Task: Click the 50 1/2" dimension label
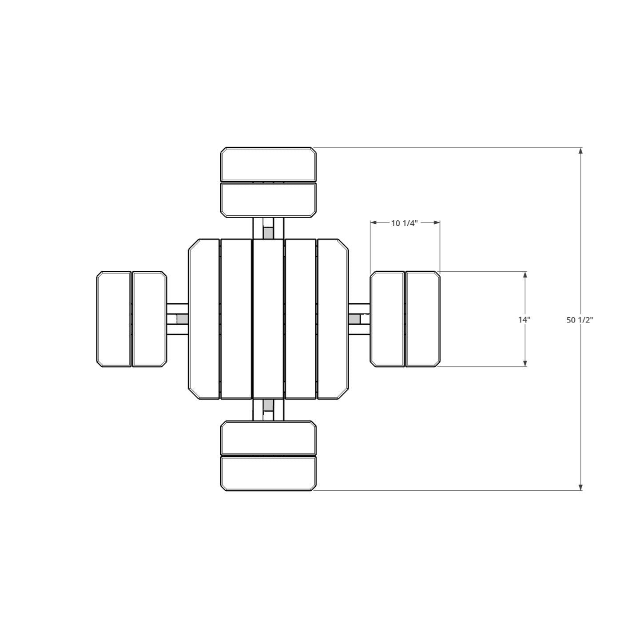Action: (580, 320)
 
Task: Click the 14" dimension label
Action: (524, 319)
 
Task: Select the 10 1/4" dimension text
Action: (405, 223)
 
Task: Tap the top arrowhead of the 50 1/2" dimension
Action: (580, 151)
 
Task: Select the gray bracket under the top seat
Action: (268, 232)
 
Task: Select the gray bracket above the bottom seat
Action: (268, 405)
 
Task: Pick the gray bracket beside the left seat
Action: (182, 319)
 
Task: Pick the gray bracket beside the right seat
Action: (354, 319)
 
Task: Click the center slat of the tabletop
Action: (268, 319)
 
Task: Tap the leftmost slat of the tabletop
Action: (204, 319)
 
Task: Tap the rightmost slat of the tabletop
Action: (333, 319)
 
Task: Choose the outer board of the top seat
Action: (268, 164)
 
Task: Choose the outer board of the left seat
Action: (114, 319)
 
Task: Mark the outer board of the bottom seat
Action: (268, 474)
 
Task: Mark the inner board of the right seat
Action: (387, 319)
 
